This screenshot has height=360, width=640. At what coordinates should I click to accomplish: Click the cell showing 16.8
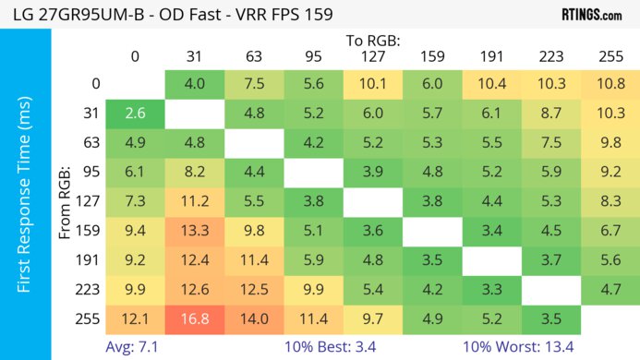point(194,318)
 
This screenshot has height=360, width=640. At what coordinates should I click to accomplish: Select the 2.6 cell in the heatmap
point(135,114)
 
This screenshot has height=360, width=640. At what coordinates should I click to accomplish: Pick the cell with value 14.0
point(254,318)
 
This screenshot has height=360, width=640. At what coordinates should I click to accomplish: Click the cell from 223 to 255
point(610,290)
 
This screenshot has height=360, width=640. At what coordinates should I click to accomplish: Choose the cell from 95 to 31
point(194,173)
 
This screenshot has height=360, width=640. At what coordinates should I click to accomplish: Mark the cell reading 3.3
point(491,290)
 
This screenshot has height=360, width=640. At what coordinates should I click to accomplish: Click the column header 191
point(491,56)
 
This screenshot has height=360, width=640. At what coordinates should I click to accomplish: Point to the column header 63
point(254,56)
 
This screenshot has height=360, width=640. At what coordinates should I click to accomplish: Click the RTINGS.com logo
point(591,14)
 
